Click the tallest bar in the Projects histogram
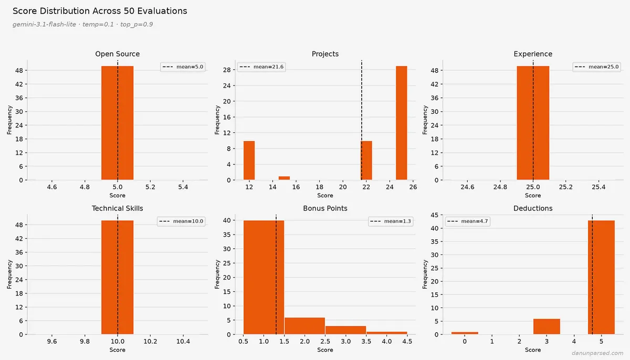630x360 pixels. click(x=401, y=123)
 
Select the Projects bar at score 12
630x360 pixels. click(x=249, y=161)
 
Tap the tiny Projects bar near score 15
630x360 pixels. click(x=284, y=178)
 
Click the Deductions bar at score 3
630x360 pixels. click(x=547, y=326)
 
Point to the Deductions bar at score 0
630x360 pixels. click(x=465, y=333)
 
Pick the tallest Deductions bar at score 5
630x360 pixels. click(x=601, y=278)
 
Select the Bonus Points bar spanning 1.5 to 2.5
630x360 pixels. click(x=304, y=326)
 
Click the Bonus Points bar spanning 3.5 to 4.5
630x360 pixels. click(x=387, y=333)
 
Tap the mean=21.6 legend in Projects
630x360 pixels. click(x=261, y=67)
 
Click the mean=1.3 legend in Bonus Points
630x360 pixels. click(x=391, y=221)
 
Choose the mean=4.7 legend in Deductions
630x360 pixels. click(x=467, y=221)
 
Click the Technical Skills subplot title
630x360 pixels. click(x=117, y=208)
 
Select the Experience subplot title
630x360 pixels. click(x=533, y=54)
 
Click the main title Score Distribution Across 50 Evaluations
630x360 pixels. click(x=100, y=11)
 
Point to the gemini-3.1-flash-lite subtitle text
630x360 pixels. click(x=44, y=25)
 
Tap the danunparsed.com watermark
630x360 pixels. click(x=597, y=353)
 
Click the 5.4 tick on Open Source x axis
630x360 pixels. click(x=183, y=187)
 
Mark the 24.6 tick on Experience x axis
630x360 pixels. click(x=467, y=187)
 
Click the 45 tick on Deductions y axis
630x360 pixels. click(x=435, y=215)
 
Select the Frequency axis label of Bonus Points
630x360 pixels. click(x=217, y=274)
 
